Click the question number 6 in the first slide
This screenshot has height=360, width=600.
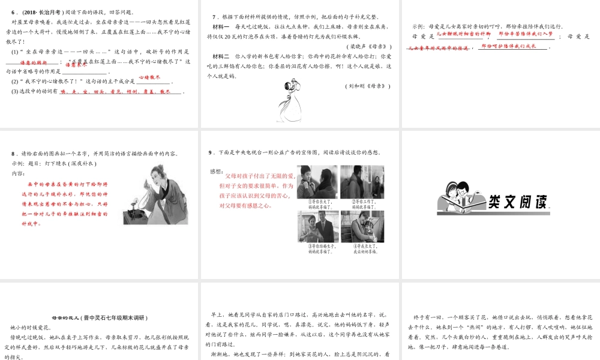[13, 13]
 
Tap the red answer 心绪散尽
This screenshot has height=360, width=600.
[150, 77]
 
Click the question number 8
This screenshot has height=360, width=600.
[13, 154]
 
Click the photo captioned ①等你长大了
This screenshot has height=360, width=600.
[317, 182]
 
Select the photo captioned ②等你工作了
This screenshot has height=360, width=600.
[362, 182]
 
